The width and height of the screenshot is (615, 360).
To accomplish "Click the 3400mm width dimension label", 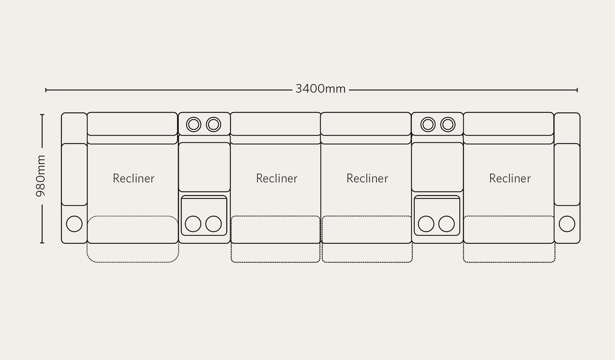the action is (x=320, y=89).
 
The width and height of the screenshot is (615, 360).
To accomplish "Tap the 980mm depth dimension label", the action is (x=41, y=176).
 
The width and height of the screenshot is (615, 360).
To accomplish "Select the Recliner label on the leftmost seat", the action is (x=134, y=178).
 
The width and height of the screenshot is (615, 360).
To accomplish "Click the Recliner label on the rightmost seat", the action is (x=510, y=178).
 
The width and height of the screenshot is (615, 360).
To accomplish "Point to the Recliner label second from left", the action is (x=277, y=178).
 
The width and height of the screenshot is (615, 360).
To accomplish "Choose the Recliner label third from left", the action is (x=368, y=178).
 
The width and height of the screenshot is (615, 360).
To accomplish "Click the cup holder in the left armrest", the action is (x=74, y=224).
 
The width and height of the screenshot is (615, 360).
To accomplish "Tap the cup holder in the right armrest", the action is (x=567, y=224).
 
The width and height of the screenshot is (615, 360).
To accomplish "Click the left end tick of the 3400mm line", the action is (x=46, y=90).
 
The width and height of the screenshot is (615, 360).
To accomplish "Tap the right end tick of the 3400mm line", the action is (x=578, y=90).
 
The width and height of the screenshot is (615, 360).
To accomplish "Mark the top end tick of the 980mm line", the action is (x=42, y=114).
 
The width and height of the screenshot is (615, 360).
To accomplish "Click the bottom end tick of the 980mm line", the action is (x=42, y=243).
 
